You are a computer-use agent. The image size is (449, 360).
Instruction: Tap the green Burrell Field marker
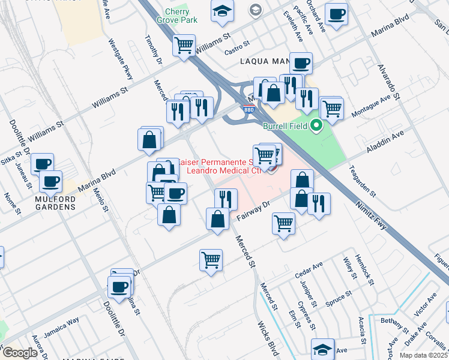click(316, 125)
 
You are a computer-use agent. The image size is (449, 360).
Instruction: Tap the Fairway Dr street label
click(255, 212)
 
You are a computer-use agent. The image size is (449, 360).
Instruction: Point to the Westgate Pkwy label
click(120, 60)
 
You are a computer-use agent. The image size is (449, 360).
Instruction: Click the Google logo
click(20, 353)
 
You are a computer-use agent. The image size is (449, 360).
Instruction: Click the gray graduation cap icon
click(256, 10)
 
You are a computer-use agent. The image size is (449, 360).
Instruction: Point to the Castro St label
click(237, 46)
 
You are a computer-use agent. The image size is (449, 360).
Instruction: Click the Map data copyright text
click(423, 355)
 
